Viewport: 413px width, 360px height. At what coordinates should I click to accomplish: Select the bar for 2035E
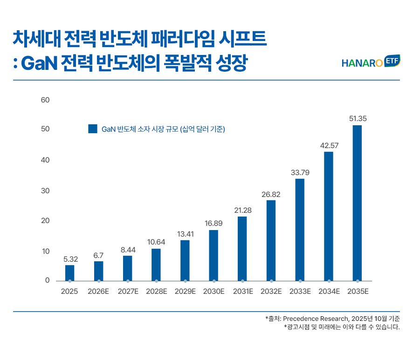[357, 203]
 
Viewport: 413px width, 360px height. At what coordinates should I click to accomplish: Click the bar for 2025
[70, 273]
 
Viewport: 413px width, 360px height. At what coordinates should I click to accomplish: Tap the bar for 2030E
[213, 256]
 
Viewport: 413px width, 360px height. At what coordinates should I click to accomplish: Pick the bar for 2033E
[300, 230]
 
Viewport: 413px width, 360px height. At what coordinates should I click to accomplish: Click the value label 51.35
[358, 119]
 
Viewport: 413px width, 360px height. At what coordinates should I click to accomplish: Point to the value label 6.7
[98, 256]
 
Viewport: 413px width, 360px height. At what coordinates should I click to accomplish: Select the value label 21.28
[243, 210]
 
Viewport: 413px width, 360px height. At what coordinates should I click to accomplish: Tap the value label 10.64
[156, 242]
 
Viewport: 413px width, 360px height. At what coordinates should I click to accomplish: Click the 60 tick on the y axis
[45, 100]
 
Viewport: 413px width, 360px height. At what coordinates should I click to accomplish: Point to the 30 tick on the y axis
[45, 191]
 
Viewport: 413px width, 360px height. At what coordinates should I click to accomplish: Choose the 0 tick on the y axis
[47, 280]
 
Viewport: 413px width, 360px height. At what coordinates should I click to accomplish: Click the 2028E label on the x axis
[157, 292]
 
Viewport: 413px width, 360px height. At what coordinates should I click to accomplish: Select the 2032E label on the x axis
[271, 292]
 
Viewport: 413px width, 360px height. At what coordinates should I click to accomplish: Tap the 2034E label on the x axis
[329, 292]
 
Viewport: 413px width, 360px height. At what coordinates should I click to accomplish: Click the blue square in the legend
[93, 129]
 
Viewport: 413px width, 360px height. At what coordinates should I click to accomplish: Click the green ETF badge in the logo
[392, 61]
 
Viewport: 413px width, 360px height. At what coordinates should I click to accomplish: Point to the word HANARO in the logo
[362, 63]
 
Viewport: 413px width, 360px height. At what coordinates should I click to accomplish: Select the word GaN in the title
[39, 63]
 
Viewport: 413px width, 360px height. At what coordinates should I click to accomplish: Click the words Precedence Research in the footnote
[316, 319]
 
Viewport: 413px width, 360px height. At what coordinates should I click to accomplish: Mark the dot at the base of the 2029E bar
[185, 281]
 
